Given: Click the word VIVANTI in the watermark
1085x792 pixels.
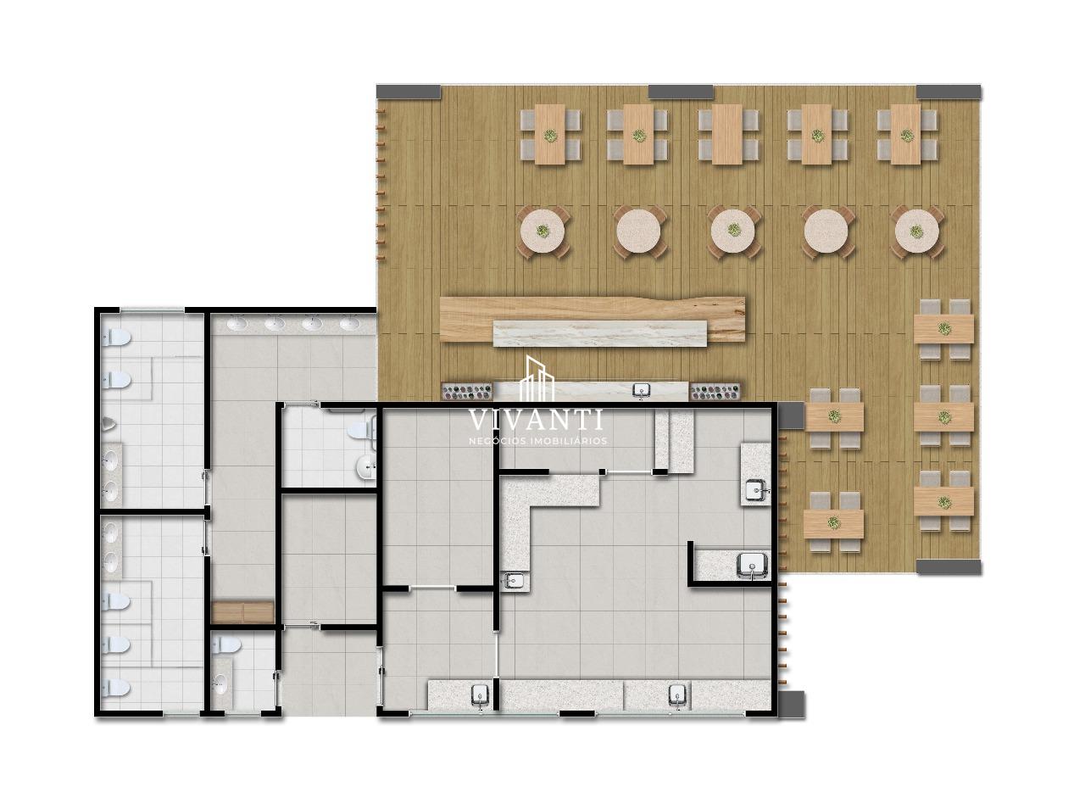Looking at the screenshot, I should pos(536,420).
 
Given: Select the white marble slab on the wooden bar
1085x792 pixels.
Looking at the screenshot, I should pos(601,333).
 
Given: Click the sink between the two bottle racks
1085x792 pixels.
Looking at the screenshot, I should pos(642,390).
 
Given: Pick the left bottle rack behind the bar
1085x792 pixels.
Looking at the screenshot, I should pos(467,391).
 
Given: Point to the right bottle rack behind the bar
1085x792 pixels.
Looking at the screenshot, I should pos(716,391).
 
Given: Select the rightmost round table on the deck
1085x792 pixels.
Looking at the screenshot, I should pos(916,231).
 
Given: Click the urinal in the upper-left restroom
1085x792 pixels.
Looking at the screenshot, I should pos(110,421).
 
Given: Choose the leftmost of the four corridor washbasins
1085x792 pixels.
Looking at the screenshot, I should pos(236,322).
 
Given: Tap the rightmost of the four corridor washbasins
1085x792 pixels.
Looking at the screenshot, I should pos(348,322).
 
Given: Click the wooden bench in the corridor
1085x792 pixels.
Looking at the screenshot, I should pos(242,611).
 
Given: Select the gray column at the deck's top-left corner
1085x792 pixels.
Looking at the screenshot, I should pos(409,92).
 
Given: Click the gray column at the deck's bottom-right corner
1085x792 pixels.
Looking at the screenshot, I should pos(949,566).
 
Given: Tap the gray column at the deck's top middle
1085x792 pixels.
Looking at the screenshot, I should pos(681,92).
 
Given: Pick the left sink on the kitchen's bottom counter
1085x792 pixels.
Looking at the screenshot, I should pos(480,694).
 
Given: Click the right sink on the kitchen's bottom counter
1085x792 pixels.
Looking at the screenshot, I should pos(677,694).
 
